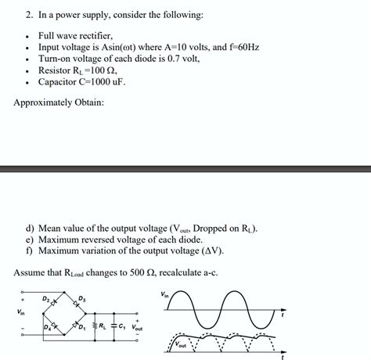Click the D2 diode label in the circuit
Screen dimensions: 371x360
(x=46, y=298)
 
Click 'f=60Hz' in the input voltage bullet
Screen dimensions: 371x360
(x=239, y=47)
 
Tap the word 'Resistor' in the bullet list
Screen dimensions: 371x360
(x=56, y=70)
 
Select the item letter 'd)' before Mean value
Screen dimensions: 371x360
(x=31, y=229)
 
